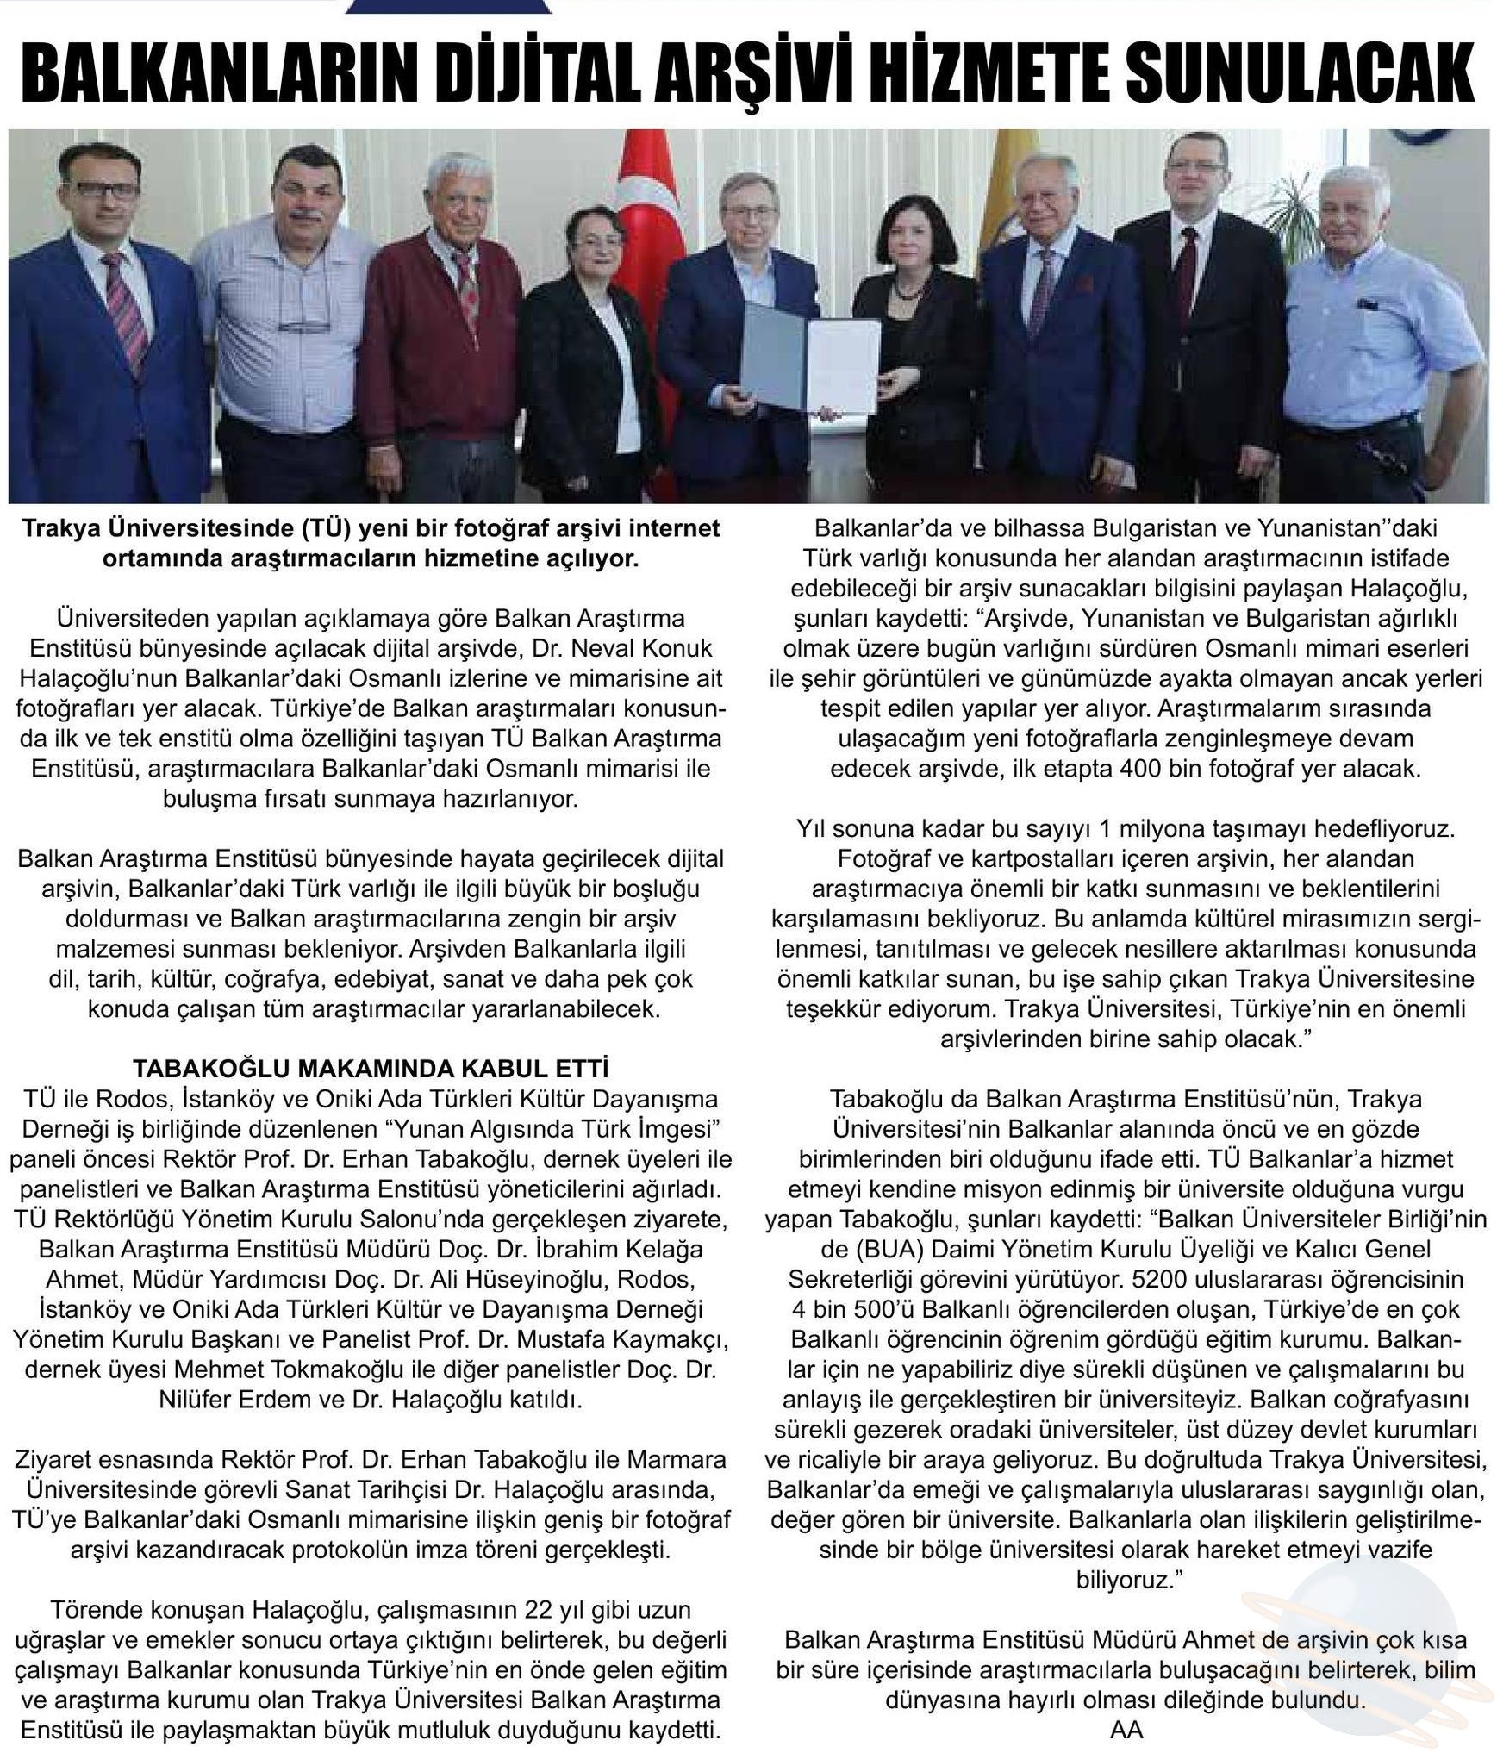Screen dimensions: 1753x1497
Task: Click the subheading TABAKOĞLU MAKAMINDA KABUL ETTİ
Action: coord(371,1069)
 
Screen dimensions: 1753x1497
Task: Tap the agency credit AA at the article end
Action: coord(1126,1729)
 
